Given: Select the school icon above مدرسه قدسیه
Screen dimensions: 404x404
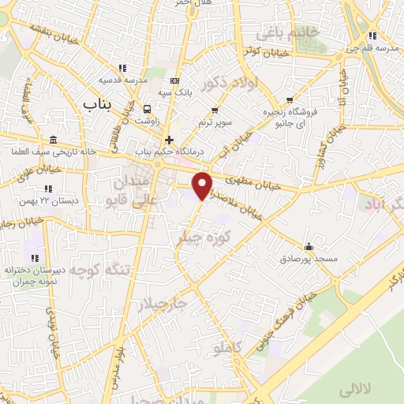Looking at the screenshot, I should pyautogui.click(x=122, y=68).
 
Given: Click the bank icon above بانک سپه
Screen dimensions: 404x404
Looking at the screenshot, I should pyautogui.click(x=175, y=81).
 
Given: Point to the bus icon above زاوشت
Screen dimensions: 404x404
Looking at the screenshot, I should pyautogui.click(x=148, y=108).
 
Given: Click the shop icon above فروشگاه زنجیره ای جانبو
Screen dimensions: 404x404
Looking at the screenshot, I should pyautogui.click(x=291, y=100).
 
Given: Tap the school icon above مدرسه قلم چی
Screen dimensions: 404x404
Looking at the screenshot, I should pyautogui.click(x=372, y=36).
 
